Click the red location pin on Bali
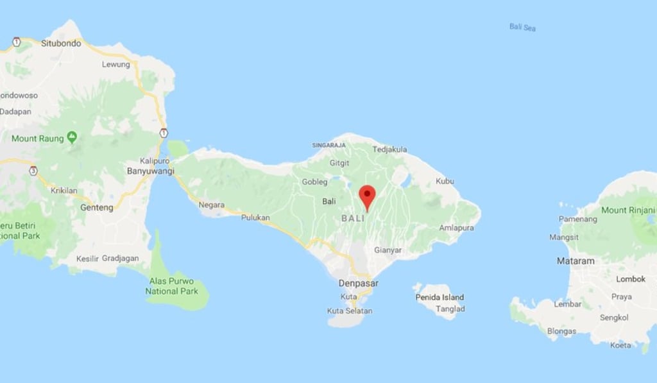coord(366,194)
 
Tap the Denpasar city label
coord(359,283)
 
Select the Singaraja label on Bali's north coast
coord(325,146)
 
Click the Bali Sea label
coord(522,27)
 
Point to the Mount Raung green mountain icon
coord(71,137)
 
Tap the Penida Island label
coord(439,297)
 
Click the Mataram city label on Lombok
coord(576,261)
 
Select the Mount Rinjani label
coord(628,210)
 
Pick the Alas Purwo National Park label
coord(171,286)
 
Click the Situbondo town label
coord(61,44)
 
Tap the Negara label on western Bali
coord(212,205)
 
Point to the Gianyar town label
coord(388,250)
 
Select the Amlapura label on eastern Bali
coord(456,228)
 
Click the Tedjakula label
coord(390,149)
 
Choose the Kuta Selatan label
coord(349,311)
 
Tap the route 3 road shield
coord(33,171)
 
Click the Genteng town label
coord(97,207)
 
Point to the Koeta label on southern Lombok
coord(620,345)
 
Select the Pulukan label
coord(255,217)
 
